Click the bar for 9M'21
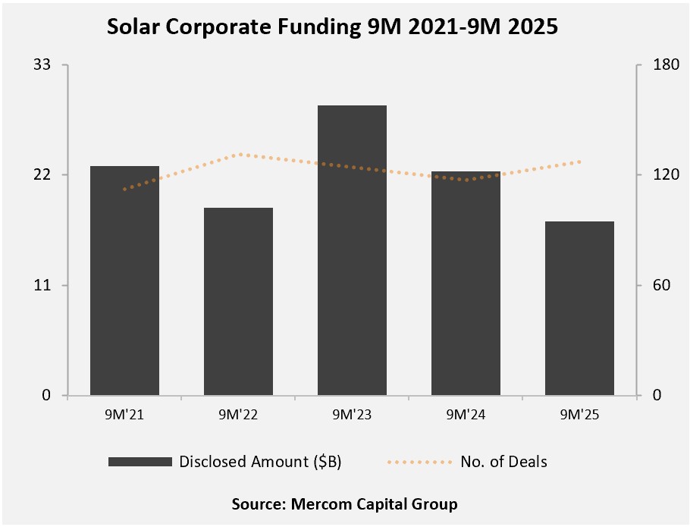coord(124,281)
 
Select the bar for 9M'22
coord(238,301)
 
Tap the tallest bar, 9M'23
coord(352,250)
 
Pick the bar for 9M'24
coord(466,283)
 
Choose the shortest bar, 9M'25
coord(579,308)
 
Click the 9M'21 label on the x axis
coord(124,414)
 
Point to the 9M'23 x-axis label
coord(352,414)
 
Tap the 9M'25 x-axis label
coord(579,414)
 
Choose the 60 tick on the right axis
coord(653,286)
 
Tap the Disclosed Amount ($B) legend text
coord(260,462)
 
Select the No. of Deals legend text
coord(503,462)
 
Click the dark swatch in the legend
coord(140,462)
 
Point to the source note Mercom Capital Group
coord(345,503)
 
